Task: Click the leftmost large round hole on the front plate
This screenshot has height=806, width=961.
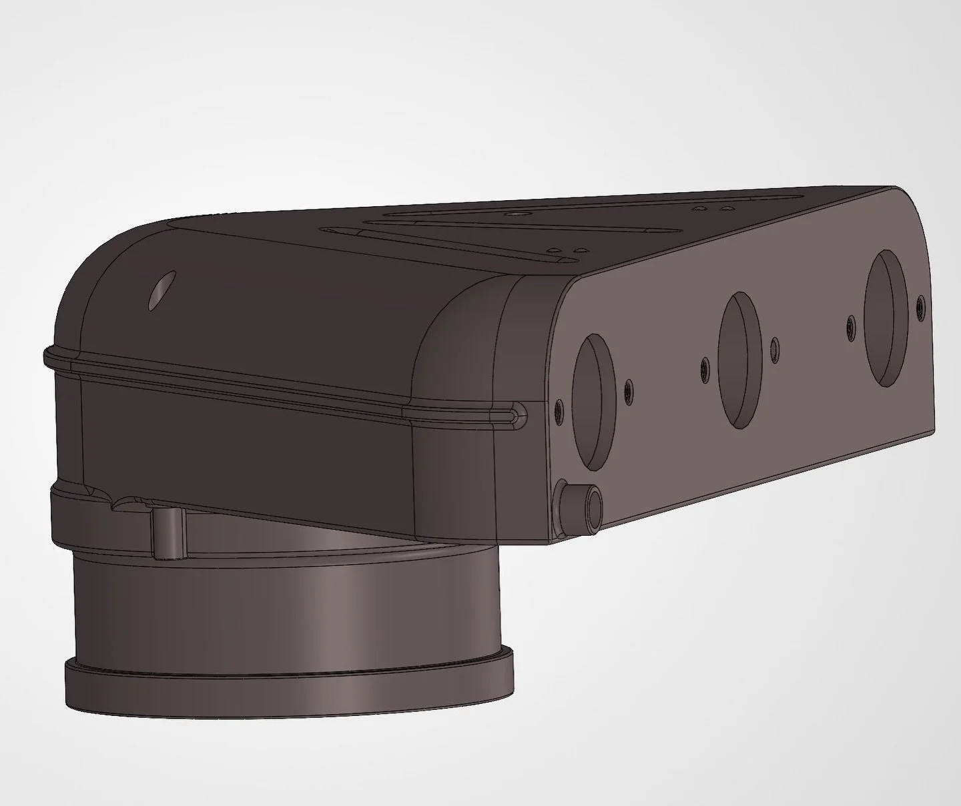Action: pyautogui.click(x=593, y=400)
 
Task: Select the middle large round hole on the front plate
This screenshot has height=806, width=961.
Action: pyautogui.click(x=739, y=361)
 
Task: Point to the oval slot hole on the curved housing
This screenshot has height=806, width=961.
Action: pyautogui.click(x=161, y=290)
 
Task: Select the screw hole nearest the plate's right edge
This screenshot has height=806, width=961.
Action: pyautogui.click(x=920, y=307)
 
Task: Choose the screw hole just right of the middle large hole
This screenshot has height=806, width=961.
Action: pyautogui.click(x=774, y=347)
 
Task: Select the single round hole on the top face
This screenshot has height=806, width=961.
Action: pyautogui.click(x=515, y=216)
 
